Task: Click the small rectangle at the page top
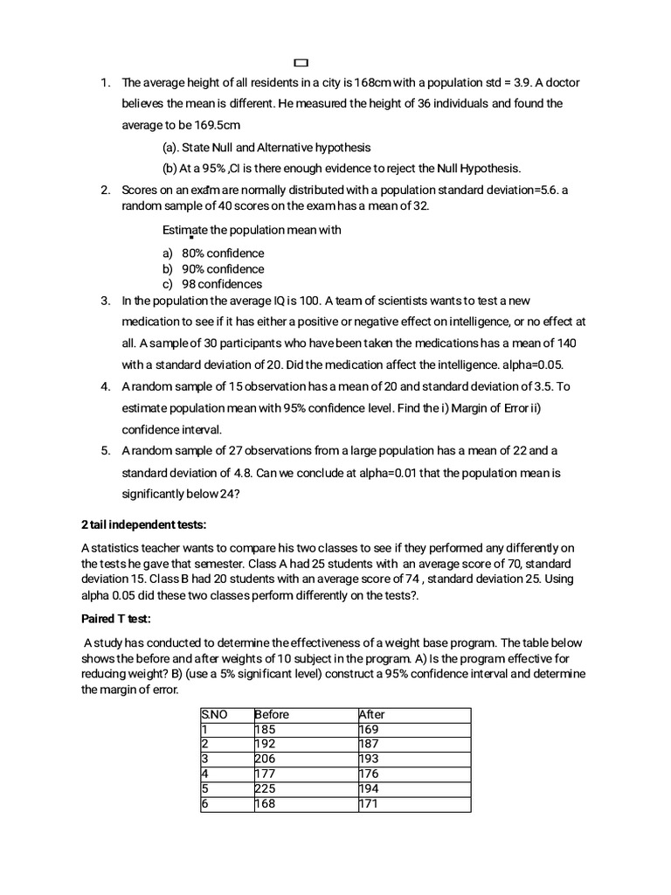pyautogui.click(x=301, y=63)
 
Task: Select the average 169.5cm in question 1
pyautogui.click(x=214, y=125)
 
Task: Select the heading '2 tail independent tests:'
pyautogui.click(x=143, y=524)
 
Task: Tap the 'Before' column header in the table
pyautogui.click(x=272, y=714)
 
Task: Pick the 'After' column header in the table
pyautogui.click(x=371, y=714)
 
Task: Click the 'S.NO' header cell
pyautogui.click(x=214, y=714)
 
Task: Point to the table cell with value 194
pyautogui.click(x=369, y=788)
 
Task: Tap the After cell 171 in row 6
pyautogui.click(x=368, y=803)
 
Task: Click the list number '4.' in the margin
pyautogui.click(x=105, y=386)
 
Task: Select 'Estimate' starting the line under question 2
pyautogui.click(x=187, y=230)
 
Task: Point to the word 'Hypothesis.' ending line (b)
pyautogui.click(x=489, y=168)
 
